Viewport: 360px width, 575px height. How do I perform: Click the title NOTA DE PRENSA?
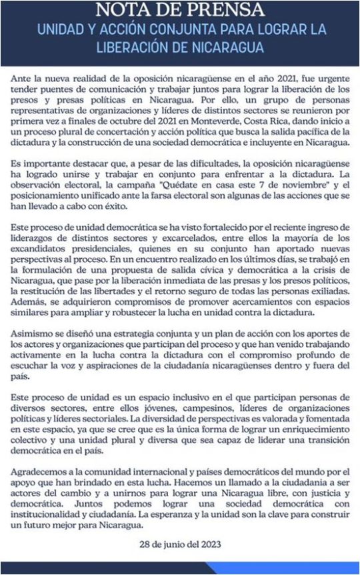pos(179,10)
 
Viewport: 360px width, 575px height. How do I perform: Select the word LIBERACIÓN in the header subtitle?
pos(149,48)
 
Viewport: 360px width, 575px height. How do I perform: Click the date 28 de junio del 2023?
pos(180,542)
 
